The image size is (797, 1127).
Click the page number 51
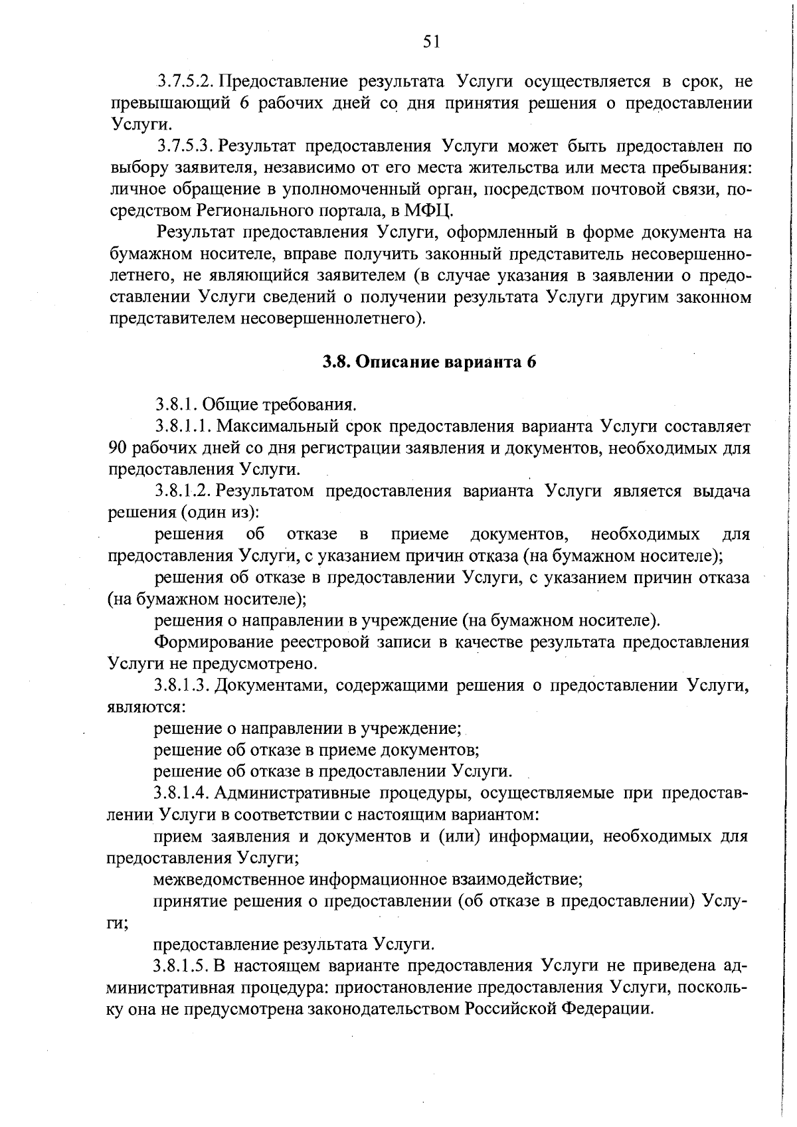click(x=431, y=41)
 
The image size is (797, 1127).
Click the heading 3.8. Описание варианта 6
click(x=429, y=362)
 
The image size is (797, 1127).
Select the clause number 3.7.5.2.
click(x=185, y=82)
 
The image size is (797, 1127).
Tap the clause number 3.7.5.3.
click(x=185, y=146)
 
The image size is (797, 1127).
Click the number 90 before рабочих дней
click(x=118, y=448)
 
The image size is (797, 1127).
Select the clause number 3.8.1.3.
click(x=183, y=685)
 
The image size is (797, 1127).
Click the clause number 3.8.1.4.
click(x=183, y=793)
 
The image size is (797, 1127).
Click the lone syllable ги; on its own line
click(x=118, y=924)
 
